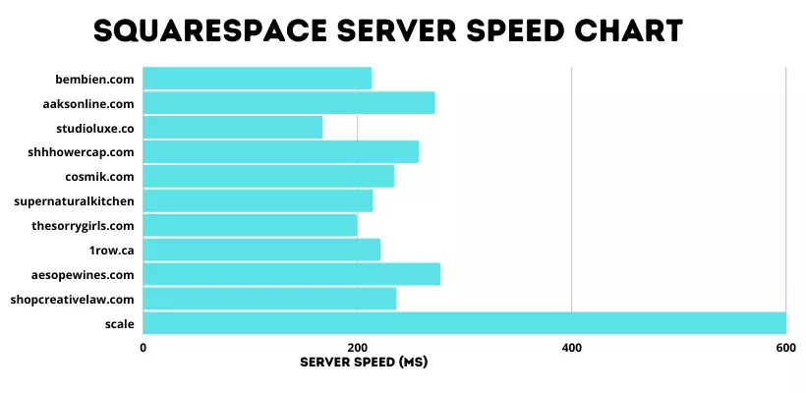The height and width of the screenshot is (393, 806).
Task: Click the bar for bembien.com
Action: [258, 78]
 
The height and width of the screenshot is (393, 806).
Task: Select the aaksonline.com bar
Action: [289, 102]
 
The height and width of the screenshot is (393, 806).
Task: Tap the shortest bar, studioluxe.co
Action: [233, 127]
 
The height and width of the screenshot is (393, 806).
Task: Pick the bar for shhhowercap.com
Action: [281, 151]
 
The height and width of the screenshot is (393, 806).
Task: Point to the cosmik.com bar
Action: [268, 176]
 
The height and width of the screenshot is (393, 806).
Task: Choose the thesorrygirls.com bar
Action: [251, 225]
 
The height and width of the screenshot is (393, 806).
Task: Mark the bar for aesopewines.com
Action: [292, 274]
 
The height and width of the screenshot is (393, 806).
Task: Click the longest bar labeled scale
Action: [464, 323]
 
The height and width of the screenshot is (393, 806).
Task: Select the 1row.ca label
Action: [112, 250]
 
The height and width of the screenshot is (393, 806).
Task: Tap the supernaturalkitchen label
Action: [75, 200]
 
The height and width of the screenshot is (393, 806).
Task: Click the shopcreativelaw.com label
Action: [73, 299]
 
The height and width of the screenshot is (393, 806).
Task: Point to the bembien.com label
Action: [95, 78]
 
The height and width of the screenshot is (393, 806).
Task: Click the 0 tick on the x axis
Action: [144, 347]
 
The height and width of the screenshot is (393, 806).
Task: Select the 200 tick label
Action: [358, 347]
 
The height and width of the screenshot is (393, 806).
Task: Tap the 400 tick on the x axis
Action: [572, 347]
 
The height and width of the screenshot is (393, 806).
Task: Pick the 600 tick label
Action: [785, 347]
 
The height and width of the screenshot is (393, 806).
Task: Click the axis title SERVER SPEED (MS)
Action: [364, 362]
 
